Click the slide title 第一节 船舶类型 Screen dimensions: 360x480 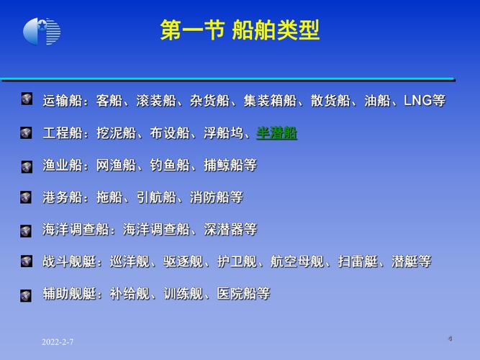(x=240, y=31)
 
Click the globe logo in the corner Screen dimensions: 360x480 (x=42, y=32)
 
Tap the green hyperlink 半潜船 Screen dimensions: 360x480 (x=277, y=133)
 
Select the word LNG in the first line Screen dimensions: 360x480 (x=418, y=100)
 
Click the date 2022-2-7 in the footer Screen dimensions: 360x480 (x=57, y=341)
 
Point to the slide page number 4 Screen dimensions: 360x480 (x=450, y=338)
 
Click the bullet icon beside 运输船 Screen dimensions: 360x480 (x=27, y=99)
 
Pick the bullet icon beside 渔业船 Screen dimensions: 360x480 (x=27, y=166)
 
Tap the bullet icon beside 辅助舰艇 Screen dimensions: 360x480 (x=27, y=294)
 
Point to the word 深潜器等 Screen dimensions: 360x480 (x=230, y=230)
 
